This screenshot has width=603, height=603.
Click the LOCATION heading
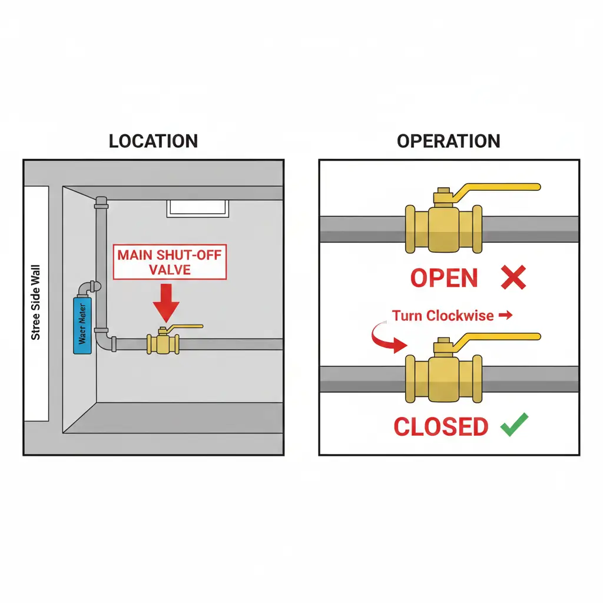click(x=153, y=141)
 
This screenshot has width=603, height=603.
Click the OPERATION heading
click(x=448, y=141)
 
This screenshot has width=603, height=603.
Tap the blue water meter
click(x=82, y=325)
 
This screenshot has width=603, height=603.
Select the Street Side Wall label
click(x=36, y=302)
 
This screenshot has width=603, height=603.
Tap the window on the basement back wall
click(x=197, y=208)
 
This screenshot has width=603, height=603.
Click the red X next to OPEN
click(x=513, y=277)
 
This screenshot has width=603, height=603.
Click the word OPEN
click(x=444, y=278)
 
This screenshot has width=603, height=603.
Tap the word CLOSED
click(x=440, y=426)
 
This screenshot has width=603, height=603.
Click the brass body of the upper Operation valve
click(x=443, y=228)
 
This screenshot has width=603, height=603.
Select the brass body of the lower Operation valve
click(x=443, y=378)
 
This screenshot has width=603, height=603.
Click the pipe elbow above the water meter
click(x=91, y=288)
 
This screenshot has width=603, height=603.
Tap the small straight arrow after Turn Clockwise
click(x=505, y=316)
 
